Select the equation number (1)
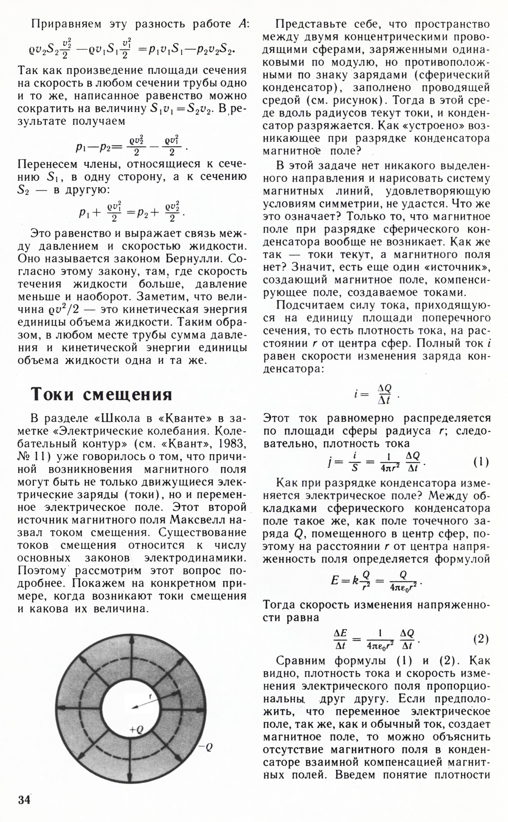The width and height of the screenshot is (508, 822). [x=481, y=461]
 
